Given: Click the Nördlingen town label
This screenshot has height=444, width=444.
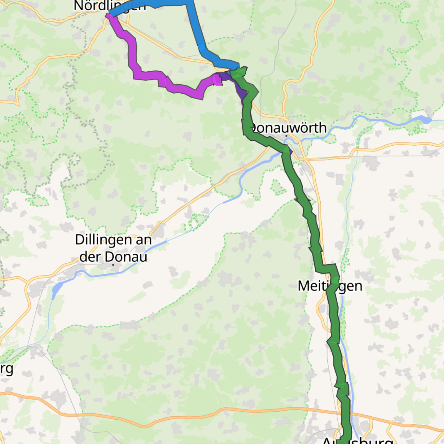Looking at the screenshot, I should pos(109,6).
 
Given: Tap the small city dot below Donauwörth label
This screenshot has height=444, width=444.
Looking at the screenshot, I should pos(287,136).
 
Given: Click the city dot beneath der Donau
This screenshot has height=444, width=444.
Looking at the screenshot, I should pos(113,265).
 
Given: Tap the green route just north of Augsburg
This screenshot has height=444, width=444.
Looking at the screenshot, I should pos(345,411).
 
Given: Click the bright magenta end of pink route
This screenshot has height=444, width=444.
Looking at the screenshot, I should pos(217,80).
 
